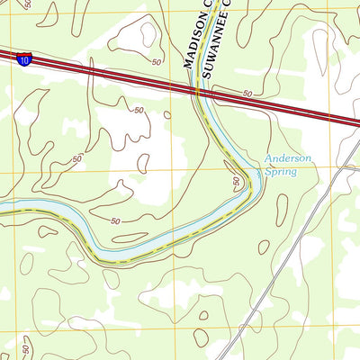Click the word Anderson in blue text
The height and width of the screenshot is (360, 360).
287,158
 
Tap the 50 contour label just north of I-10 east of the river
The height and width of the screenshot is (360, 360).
247,94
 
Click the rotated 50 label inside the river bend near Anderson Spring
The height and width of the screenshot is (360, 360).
237,182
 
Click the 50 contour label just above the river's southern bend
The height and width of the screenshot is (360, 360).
114,221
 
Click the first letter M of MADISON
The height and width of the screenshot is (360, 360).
190,63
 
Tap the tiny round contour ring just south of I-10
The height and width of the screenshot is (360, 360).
166,113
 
